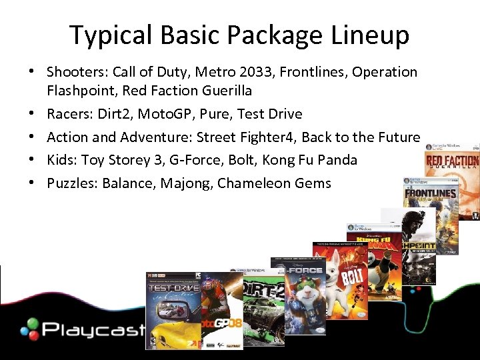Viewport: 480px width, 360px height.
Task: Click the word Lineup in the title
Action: point(373,35)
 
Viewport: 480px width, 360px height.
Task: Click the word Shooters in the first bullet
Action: point(75,72)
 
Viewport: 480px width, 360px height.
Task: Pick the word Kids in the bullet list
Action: point(60,160)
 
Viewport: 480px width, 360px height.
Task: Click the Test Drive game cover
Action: point(172,311)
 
